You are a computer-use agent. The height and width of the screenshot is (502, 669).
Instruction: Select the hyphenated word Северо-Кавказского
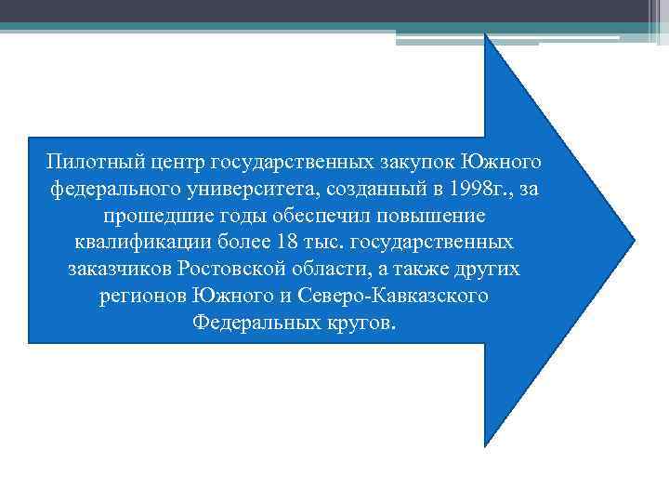[x=401, y=297]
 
